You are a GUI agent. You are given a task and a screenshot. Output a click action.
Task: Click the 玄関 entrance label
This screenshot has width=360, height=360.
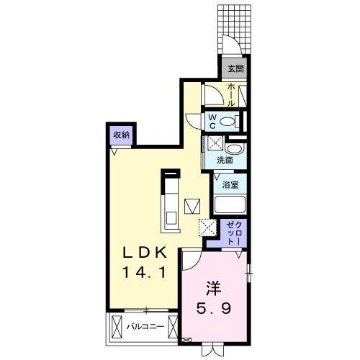(235, 69)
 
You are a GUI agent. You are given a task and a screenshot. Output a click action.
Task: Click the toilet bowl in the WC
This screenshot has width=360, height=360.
(231, 122)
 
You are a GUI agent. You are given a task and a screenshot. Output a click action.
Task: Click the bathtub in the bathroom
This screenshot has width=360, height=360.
(230, 205)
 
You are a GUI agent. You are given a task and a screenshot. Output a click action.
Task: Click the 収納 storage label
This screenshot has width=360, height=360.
(121, 134)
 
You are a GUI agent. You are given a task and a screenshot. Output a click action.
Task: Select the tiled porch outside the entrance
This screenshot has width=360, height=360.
(235, 29)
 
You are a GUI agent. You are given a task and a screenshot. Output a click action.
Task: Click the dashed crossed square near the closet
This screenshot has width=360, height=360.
(207, 228)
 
